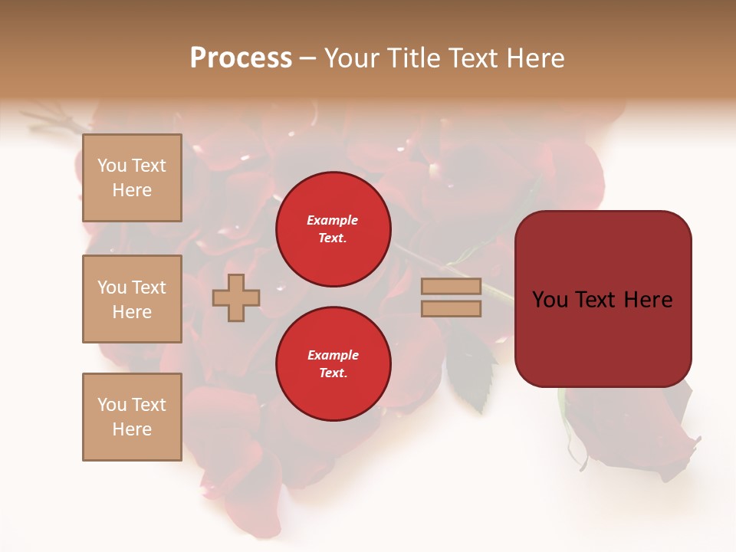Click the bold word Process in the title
[241, 58]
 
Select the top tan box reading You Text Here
[132, 178]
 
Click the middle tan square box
[132, 299]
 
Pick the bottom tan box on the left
[132, 417]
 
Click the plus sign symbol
[235, 297]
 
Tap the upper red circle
[333, 229]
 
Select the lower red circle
[333, 364]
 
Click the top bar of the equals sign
[451, 287]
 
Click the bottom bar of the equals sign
[451, 309]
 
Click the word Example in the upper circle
[333, 220]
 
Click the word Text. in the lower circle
[333, 373]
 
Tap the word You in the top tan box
[112, 166]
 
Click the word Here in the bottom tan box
[132, 429]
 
